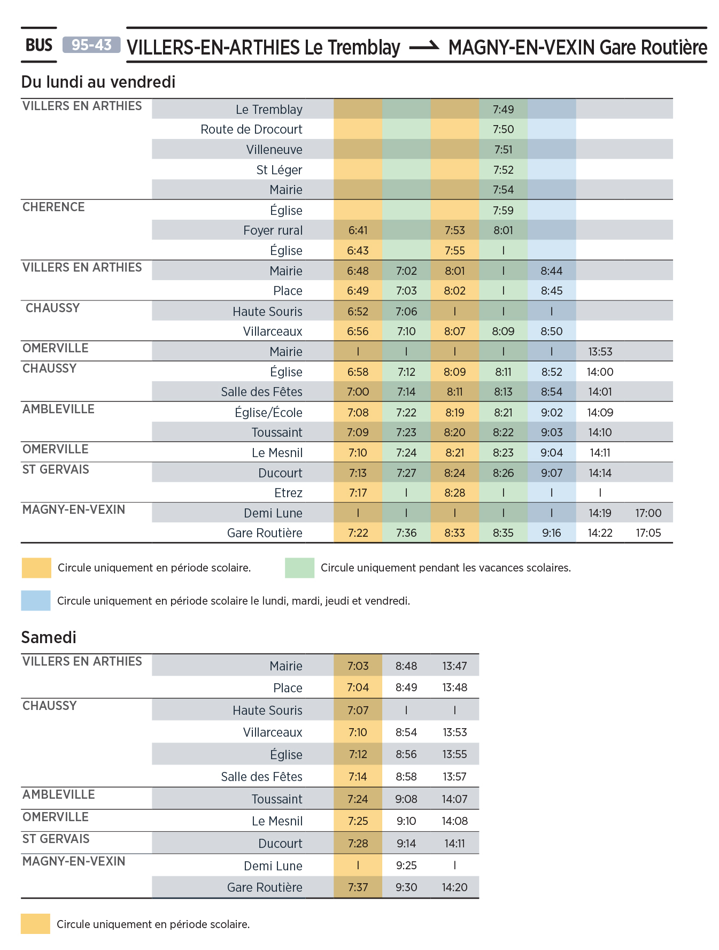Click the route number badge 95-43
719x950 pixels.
[91, 45]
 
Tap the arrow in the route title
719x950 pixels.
[424, 47]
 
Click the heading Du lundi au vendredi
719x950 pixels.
[98, 82]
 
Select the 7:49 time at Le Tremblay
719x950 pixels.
[503, 110]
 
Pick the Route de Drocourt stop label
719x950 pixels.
[251, 129]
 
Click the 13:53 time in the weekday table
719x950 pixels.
[600, 352]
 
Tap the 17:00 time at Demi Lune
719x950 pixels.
[648, 513]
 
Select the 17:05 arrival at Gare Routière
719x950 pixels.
[648, 533]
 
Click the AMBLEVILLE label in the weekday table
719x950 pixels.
[58, 409]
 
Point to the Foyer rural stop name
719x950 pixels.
[273, 230]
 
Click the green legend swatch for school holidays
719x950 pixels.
[299, 568]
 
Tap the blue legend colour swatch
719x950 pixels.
[36, 600]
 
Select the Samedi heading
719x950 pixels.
[49, 637]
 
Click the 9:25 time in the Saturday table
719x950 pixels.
[406, 866]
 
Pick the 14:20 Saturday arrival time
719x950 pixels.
[454, 887]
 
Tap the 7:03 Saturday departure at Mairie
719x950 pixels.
[358, 666]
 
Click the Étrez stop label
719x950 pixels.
[288, 493]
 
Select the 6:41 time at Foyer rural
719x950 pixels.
[358, 230]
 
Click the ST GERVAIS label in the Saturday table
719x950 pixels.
[56, 839]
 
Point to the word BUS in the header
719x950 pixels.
[39, 45]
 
